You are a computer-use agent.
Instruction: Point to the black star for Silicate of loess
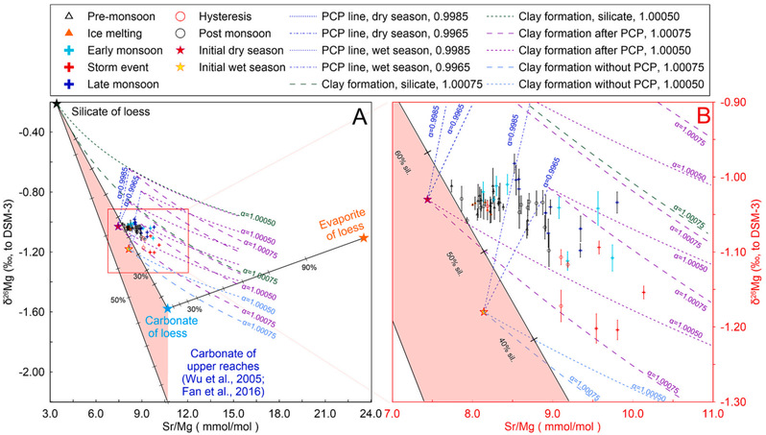pyautogui.click(x=57, y=104)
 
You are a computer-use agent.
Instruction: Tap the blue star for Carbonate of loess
pyautogui.click(x=167, y=308)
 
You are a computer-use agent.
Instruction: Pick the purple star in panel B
pyautogui.click(x=428, y=199)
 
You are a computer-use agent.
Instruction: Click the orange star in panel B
pyautogui.click(x=484, y=313)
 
